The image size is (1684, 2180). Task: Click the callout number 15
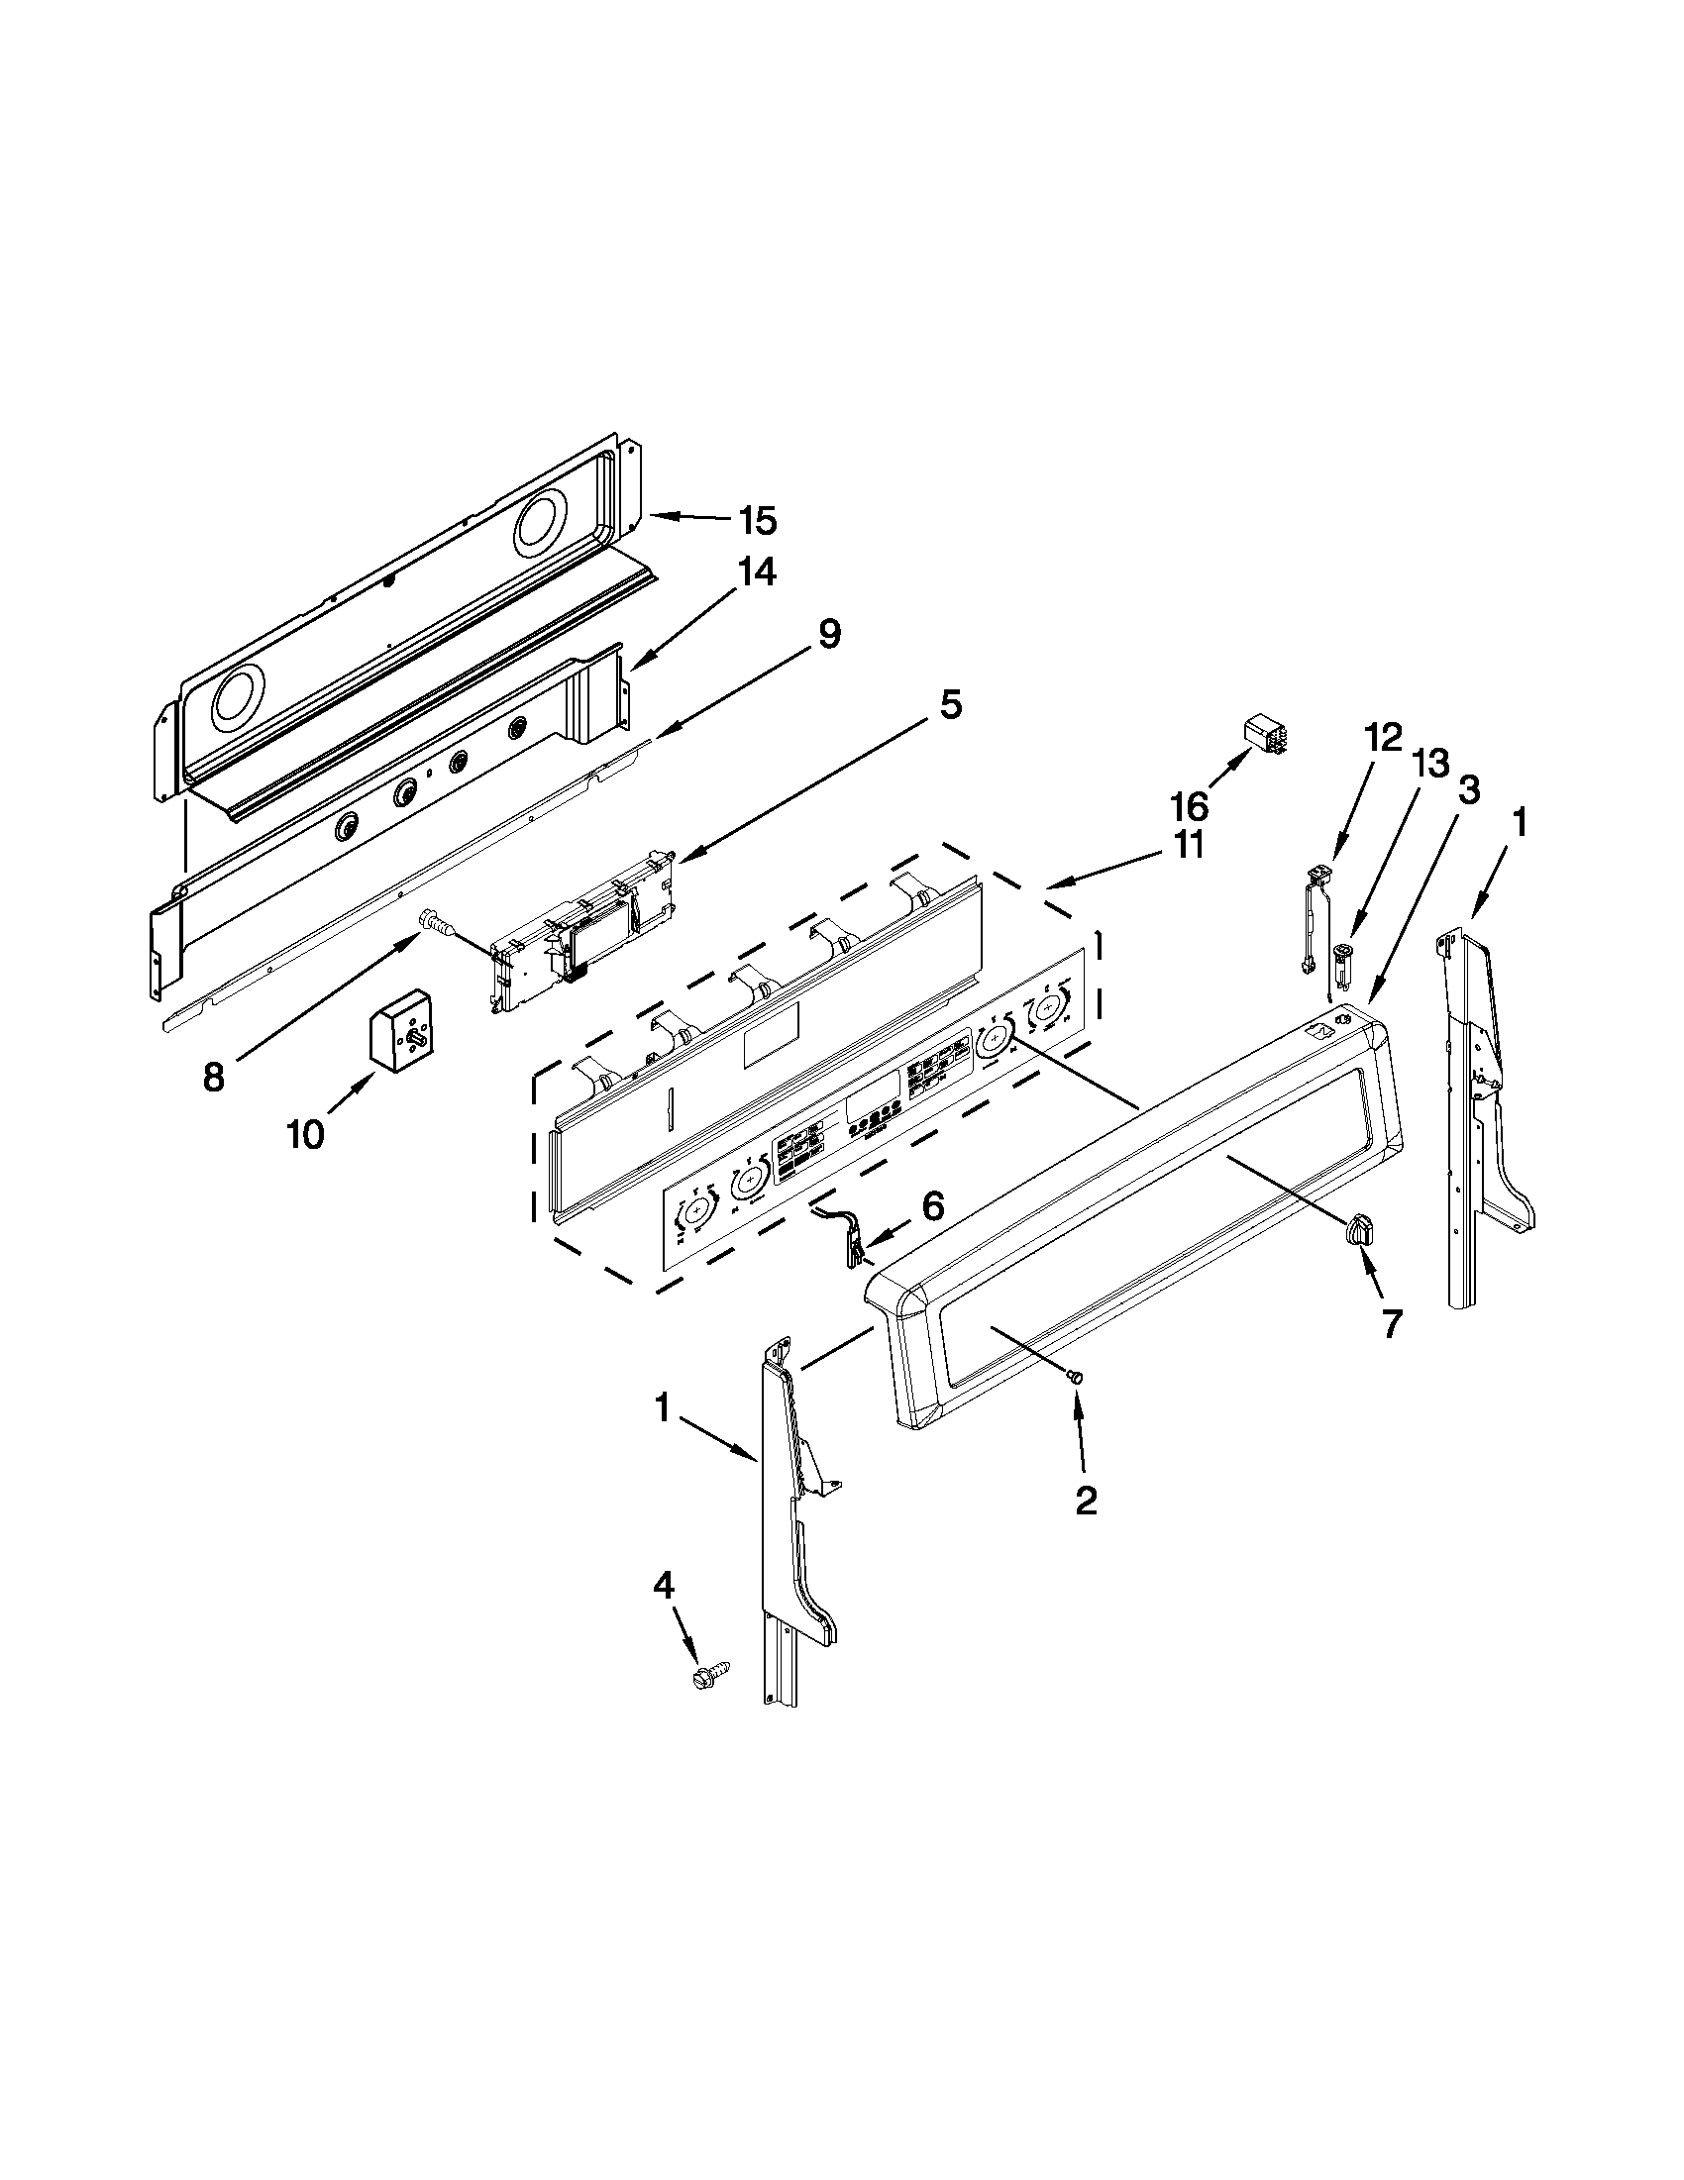(758, 521)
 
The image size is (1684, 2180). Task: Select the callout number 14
(756, 572)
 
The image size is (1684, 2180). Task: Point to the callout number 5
(950, 706)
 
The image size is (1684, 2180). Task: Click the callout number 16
(1192, 805)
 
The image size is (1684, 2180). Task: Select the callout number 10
(306, 1135)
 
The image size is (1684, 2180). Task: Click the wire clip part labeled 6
(845, 1237)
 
